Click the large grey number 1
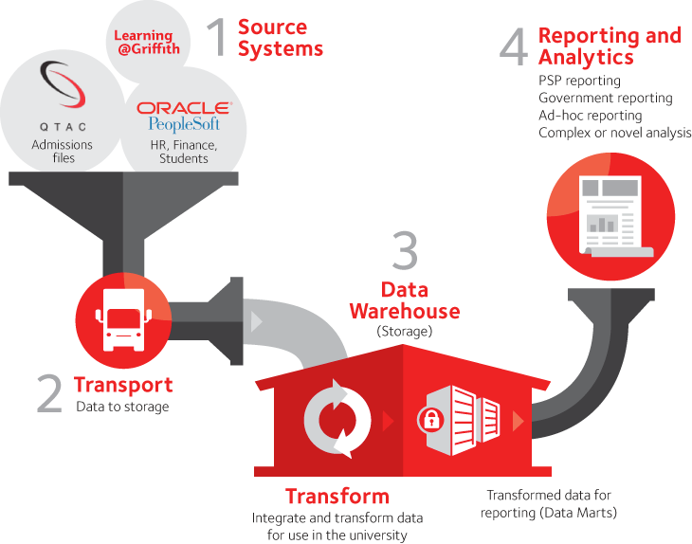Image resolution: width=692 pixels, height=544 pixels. click(x=217, y=38)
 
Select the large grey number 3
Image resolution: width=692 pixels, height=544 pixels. click(x=405, y=254)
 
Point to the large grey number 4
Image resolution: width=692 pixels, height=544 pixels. click(x=512, y=47)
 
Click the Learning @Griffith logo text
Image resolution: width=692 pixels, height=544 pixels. click(x=147, y=42)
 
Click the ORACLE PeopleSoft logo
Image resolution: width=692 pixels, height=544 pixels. click(x=183, y=116)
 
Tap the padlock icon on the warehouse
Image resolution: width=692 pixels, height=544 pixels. click(x=431, y=418)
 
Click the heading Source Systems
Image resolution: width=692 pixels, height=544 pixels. click(x=280, y=38)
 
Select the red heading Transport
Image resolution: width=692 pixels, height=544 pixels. click(x=123, y=385)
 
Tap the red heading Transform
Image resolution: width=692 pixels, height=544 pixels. click(x=337, y=496)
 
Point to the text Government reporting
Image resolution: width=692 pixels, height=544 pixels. click(x=605, y=98)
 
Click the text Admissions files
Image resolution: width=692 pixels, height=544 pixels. click(x=63, y=152)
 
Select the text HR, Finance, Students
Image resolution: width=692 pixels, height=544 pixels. click(x=184, y=152)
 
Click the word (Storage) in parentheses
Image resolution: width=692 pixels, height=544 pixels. click(x=405, y=332)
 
